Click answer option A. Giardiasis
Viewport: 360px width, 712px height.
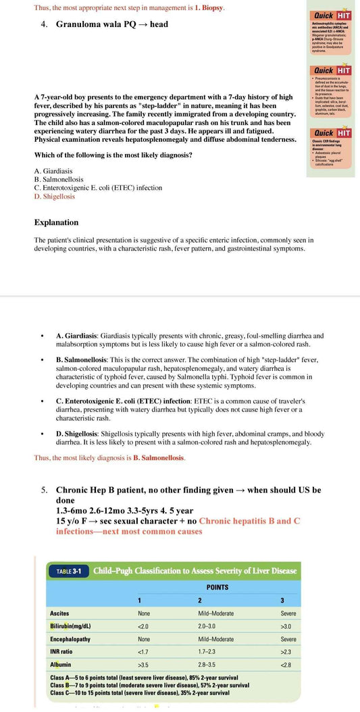(53, 171)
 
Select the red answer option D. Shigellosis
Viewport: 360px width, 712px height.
(55, 197)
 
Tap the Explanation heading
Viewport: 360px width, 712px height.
(56, 222)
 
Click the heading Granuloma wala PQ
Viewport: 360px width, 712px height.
(111, 24)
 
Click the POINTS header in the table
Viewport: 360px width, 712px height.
(217, 587)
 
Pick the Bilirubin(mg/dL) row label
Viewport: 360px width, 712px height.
(70, 626)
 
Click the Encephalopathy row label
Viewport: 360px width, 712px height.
(70, 639)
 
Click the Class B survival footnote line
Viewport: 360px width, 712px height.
(149, 685)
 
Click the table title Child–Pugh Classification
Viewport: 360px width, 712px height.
(195, 571)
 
